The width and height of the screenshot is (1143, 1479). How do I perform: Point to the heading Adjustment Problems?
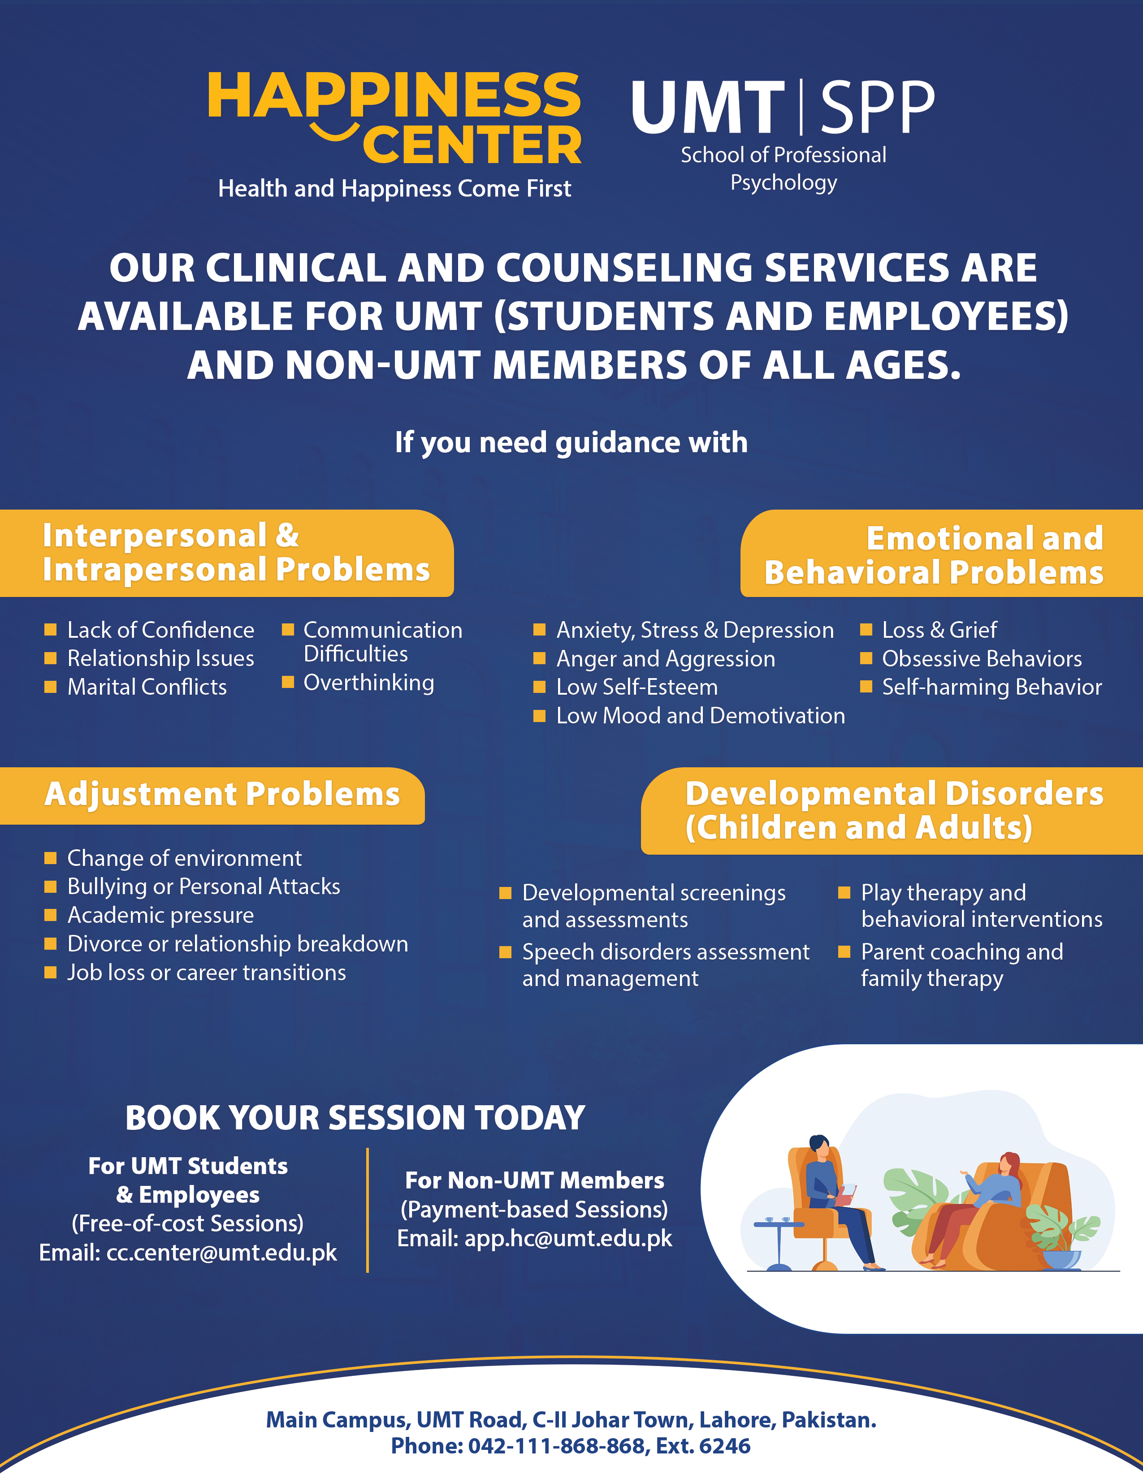pos(222,794)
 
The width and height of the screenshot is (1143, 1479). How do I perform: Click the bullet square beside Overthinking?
pos(288,682)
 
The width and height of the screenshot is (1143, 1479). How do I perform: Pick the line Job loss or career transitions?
pos(207,973)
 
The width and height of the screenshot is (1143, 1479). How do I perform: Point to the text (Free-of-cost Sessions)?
pos(187,1224)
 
